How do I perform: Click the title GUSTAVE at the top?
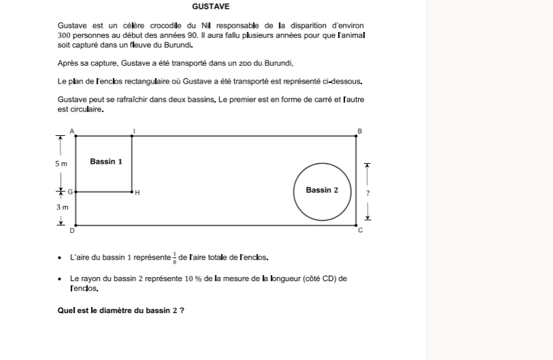211,7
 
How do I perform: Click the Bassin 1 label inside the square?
106,162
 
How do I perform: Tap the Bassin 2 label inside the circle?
321,190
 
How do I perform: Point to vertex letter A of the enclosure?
73,130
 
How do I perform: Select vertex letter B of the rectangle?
360,130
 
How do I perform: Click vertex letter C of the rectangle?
360,231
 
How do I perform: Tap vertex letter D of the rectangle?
73,231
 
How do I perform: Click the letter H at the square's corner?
137,193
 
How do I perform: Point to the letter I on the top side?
134,130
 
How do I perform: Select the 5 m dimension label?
61,164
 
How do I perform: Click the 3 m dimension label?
61,206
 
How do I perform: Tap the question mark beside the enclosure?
368,193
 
